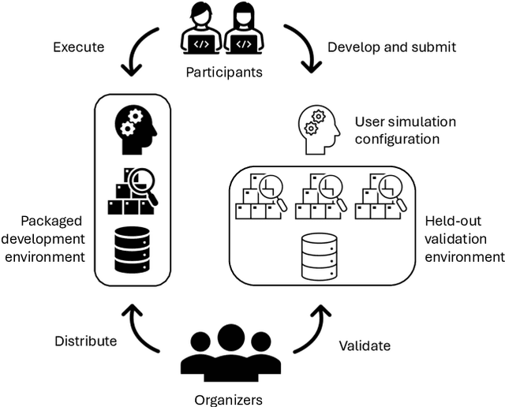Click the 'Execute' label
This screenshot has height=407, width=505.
point(78,47)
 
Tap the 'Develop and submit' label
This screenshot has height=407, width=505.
point(391,47)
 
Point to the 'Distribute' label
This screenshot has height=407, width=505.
point(86,342)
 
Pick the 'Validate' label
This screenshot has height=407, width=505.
point(365,345)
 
